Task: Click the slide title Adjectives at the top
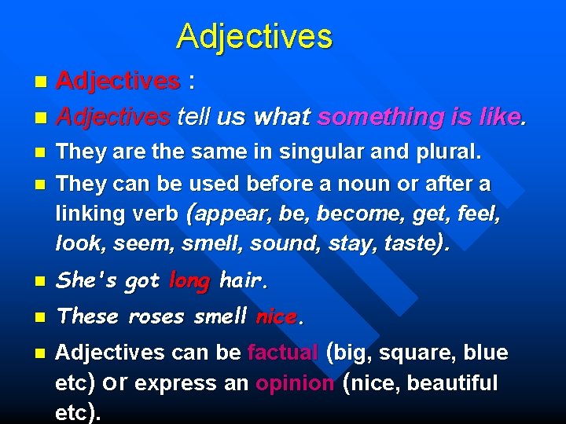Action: [x=254, y=36]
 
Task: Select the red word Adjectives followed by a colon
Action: [x=118, y=81]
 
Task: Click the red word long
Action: [x=189, y=280]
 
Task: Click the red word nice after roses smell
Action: [x=275, y=316]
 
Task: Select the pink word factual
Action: [x=283, y=353]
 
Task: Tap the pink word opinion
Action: [x=296, y=383]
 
